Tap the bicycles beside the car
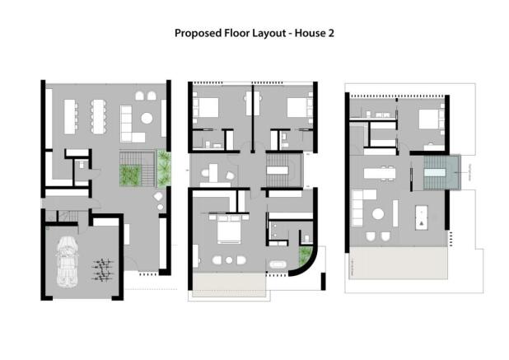pos(102,269)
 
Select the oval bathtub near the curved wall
pos(277,266)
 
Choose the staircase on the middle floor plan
pos(279,174)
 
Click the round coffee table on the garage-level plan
pos(147,118)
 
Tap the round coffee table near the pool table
pos(378,214)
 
